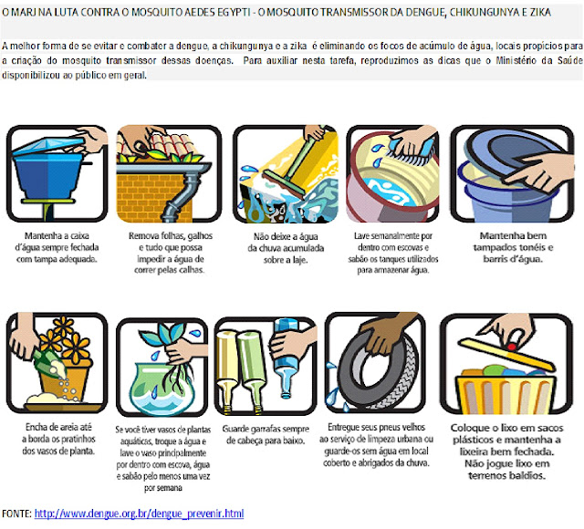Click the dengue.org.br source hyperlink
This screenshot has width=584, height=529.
pos(139,513)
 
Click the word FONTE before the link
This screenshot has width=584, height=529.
pos(16,513)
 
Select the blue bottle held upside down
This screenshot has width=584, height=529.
pos(286,358)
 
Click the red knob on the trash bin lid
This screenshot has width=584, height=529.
pos(511,347)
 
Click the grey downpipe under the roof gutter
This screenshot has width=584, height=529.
pos(182,197)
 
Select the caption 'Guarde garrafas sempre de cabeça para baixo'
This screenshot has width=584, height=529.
pos(266,435)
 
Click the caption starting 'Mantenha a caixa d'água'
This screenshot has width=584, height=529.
pos(57,247)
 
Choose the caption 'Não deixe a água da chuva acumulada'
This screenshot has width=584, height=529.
pos(286,248)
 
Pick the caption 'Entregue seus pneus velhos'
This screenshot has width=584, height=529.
pos(376,445)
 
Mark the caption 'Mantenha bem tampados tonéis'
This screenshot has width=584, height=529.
pos(513,247)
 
